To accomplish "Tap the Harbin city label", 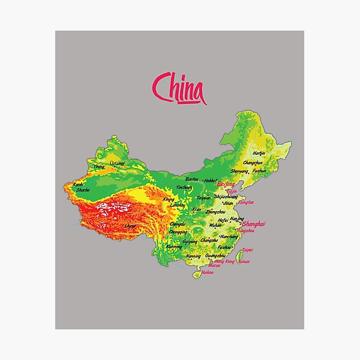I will point(259,154).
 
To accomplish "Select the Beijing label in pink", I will point(226,184).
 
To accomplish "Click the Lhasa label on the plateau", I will point(130,226).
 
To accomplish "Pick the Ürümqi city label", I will point(118,163).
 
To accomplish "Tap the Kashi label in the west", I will point(78,184).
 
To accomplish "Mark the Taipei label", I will point(248,250).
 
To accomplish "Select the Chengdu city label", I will point(177,224).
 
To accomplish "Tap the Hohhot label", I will point(209,180).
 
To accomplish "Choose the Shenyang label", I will point(239,171).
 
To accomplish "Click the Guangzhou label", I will point(214,256).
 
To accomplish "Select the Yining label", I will point(99,167).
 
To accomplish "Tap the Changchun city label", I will point(253,162).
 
